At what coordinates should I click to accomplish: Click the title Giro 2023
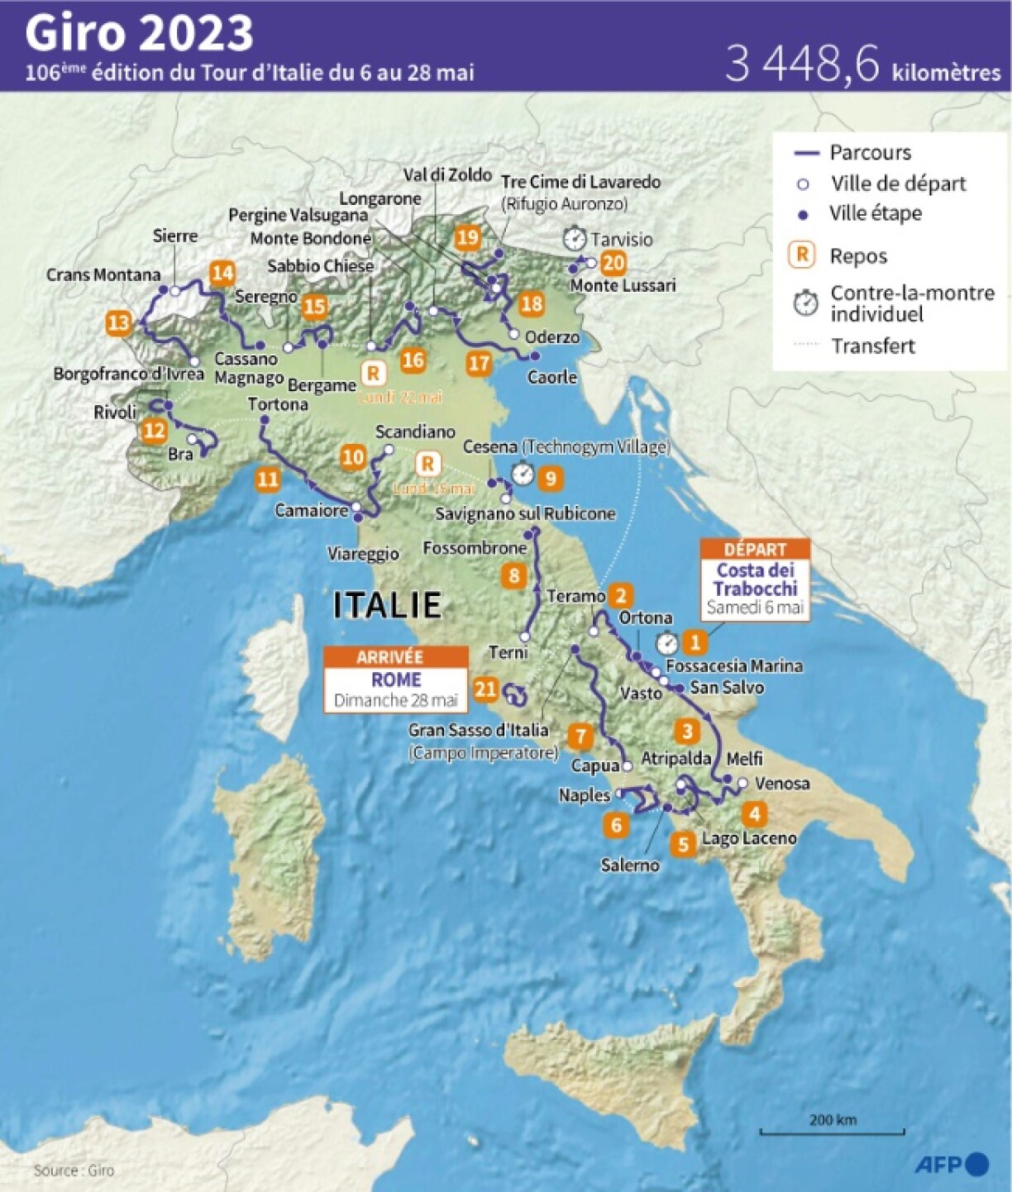pos(139,33)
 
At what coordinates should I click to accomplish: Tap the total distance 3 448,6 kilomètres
pos(862,64)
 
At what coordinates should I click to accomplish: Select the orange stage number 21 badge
pos(485,689)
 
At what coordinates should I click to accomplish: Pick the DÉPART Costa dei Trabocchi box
pos(754,579)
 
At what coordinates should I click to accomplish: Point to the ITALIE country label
pos(387,605)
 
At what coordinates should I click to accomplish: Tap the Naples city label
pos(584,795)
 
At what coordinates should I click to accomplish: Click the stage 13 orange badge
pos(119,322)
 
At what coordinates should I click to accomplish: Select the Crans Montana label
pos(103,274)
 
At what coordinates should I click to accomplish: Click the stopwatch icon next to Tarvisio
pos(575,239)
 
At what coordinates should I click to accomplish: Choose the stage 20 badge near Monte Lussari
pos(613,263)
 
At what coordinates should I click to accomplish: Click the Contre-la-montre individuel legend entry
pos(894,303)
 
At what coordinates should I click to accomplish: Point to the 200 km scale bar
pos(832,1129)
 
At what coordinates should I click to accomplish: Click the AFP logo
pos(952,1164)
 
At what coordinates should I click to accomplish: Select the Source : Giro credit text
pos(74,1171)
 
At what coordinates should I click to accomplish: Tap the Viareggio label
pos(363,554)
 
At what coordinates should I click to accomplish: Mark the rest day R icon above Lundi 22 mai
pos(374,373)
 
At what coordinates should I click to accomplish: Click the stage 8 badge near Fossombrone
pos(514,575)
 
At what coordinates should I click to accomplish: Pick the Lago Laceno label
pos(748,838)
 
